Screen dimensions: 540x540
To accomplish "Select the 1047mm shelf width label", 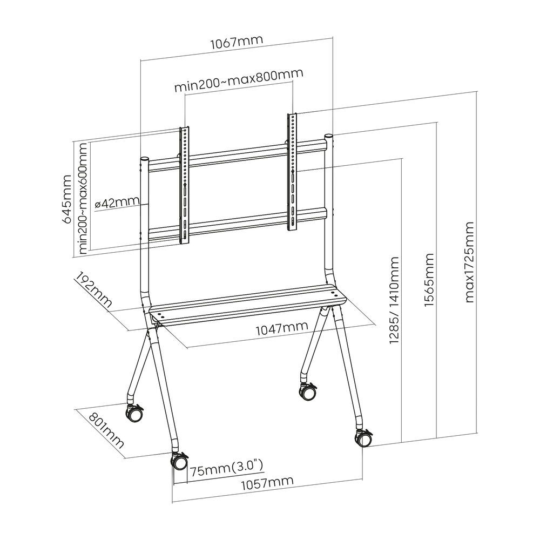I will [280, 327].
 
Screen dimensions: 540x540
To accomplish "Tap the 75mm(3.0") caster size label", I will [226, 467].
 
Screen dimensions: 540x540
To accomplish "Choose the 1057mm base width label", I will [267, 481].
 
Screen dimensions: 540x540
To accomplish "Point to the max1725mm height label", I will [469, 262].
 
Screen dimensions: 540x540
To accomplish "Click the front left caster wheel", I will [179, 462].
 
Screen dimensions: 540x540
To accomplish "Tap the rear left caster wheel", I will [133, 414].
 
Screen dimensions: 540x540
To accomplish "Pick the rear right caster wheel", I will [307, 391].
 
